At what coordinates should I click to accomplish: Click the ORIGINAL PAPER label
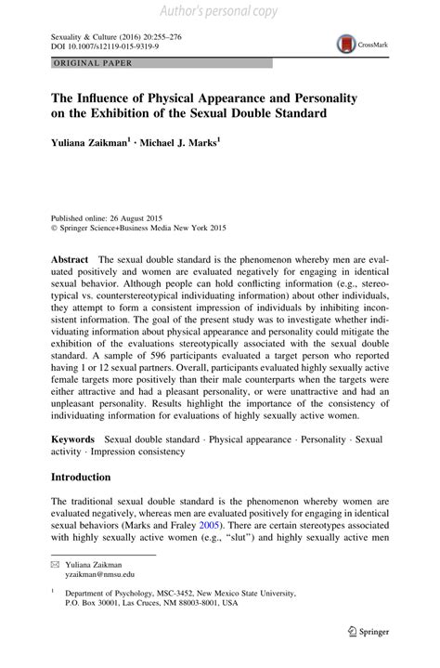tap(81, 62)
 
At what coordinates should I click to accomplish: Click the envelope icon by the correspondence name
tap(55, 566)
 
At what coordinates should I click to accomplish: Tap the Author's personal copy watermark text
tap(220, 12)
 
